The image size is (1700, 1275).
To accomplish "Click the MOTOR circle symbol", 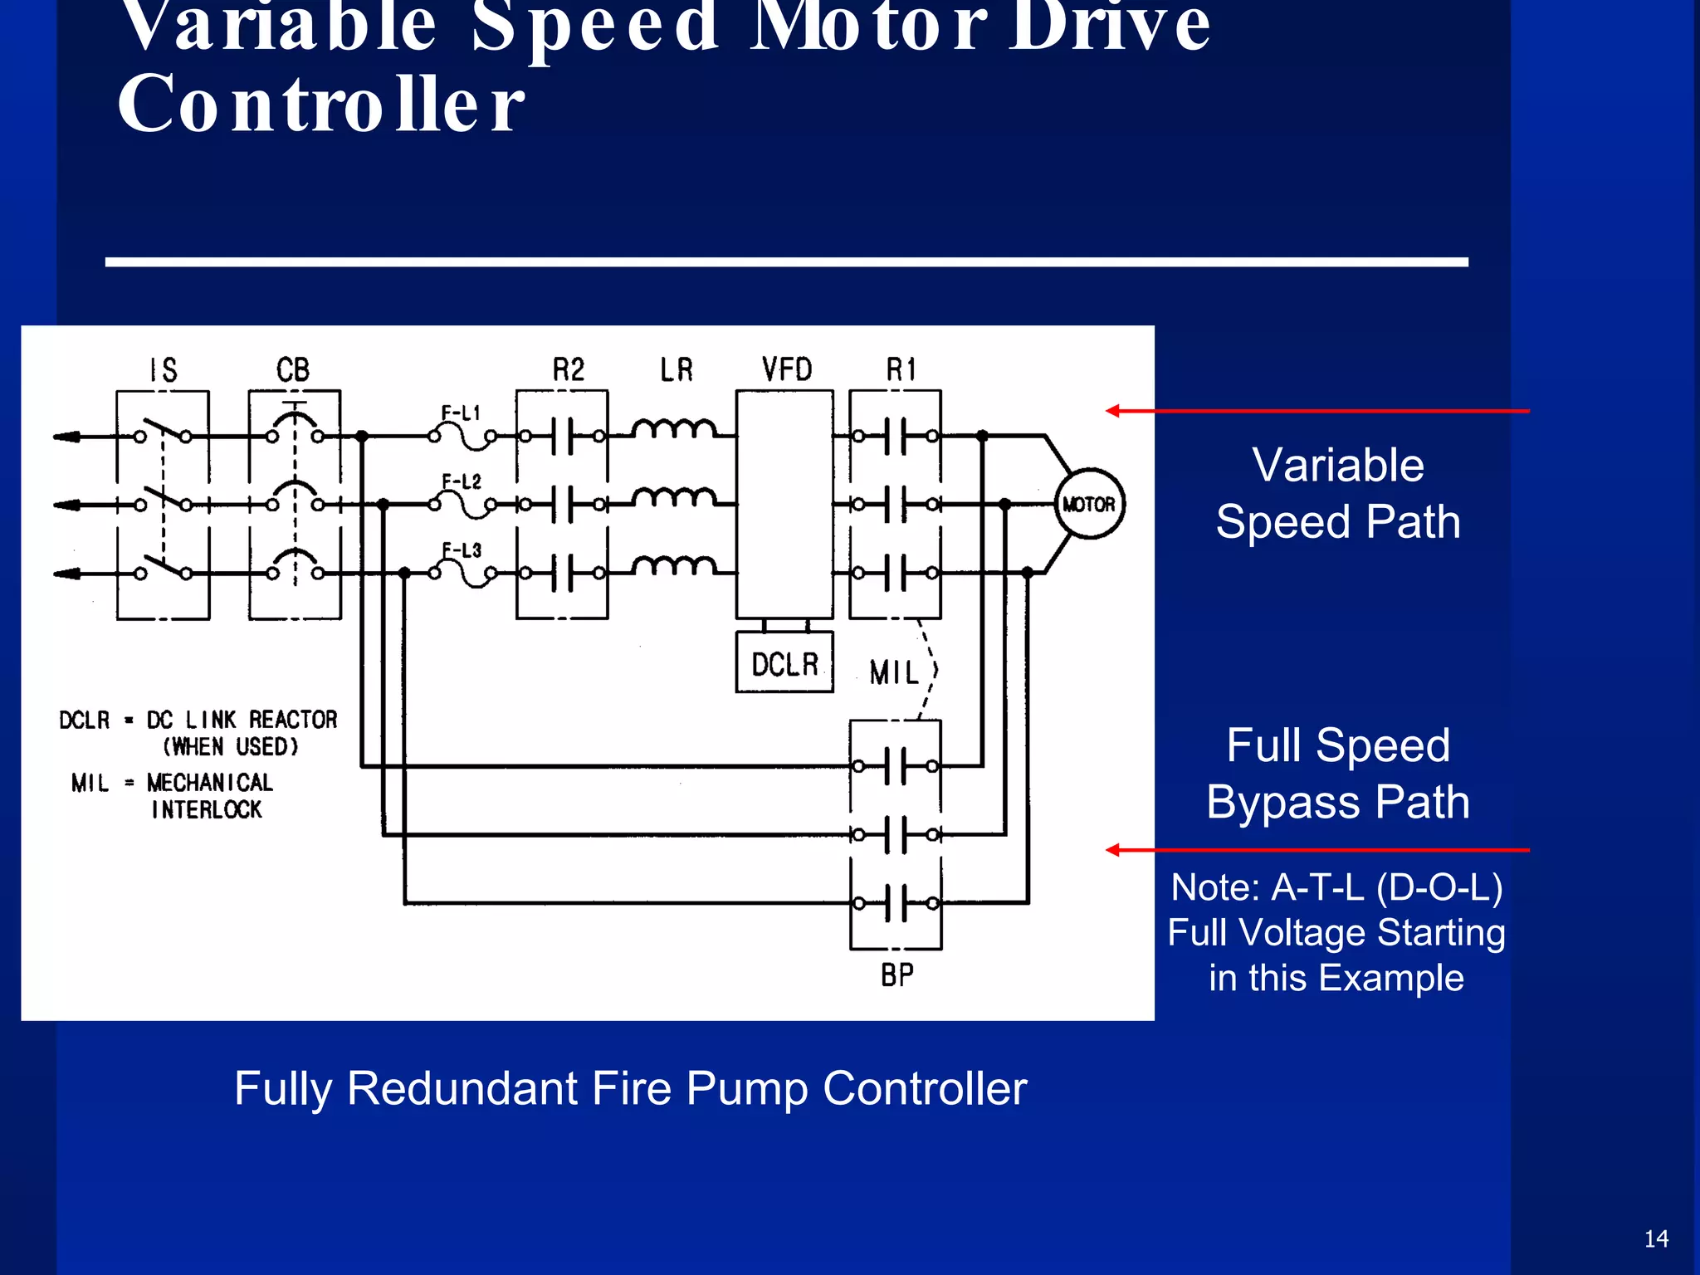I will (x=1089, y=504).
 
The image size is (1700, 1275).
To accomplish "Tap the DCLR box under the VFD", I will (x=784, y=663).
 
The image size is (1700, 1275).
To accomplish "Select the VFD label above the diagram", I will (x=787, y=369).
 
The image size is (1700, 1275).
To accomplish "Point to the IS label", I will (x=163, y=369).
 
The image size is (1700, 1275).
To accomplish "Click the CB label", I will (x=293, y=369).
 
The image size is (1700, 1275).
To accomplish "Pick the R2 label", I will (x=569, y=369).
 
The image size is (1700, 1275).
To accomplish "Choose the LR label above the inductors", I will (x=677, y=369).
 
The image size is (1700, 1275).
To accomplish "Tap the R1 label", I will (x=901, y=369).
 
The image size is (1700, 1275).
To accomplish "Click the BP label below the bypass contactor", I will (x=897, y=975).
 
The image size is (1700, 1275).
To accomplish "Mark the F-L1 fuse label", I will (x=461, y=413).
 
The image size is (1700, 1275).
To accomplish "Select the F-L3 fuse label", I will (x=462, y=550).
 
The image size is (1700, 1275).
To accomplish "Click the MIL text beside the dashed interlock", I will (x=894, y=672).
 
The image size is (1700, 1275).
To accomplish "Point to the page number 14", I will (x=1656, y=1238).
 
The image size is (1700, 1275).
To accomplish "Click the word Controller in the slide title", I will (x=321, y=104).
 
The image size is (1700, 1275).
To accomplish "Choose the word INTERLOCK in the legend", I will (x=207, y=809).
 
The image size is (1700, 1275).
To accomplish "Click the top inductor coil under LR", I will (x=673, y=428).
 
